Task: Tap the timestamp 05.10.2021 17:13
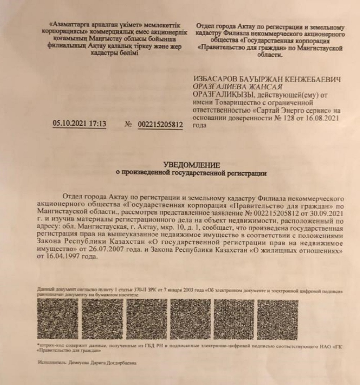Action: tap(79, 124)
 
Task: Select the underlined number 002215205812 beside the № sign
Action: tap(161, 125)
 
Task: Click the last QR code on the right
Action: tap(278, 318)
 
